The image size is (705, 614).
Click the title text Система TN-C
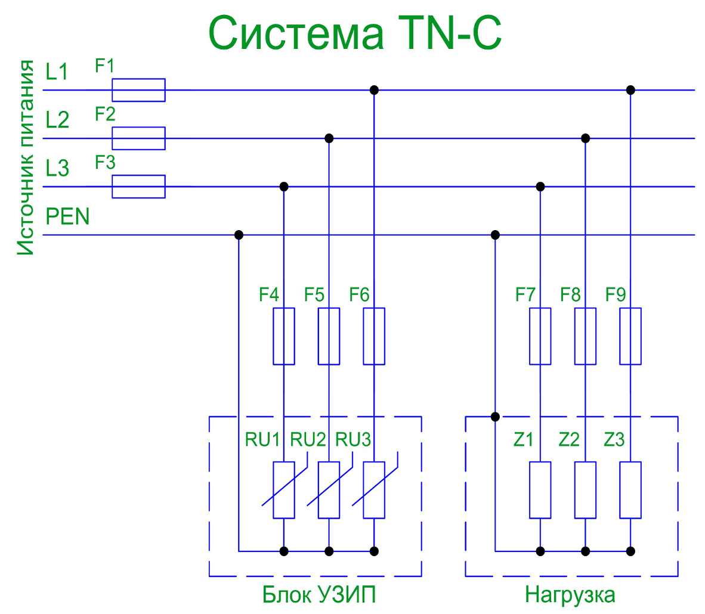(354, 33)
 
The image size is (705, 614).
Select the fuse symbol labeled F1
(138, 90)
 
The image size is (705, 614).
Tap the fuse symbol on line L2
(138, 138)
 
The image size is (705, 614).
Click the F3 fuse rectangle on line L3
(138, 187)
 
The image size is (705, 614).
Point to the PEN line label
(67, 216)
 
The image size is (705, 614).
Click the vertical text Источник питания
(25, 157)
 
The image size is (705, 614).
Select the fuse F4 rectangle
(284, 336)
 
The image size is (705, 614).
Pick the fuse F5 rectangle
(329, 336)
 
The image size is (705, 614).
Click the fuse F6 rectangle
(374, 336)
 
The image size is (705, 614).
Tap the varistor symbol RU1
(284, 490)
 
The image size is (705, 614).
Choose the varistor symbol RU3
(374, 490)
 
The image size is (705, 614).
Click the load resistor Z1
(540, 490)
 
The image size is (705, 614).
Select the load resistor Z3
(630, 490)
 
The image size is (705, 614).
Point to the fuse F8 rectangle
(586, 336)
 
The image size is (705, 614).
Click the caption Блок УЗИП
(319, 595)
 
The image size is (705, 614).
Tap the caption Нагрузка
(570, 595)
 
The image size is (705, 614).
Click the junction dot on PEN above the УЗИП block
(239, 235)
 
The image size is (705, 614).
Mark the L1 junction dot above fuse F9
(630, 90)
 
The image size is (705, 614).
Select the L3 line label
(57, 169)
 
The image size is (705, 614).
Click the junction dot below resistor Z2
(586, 551)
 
